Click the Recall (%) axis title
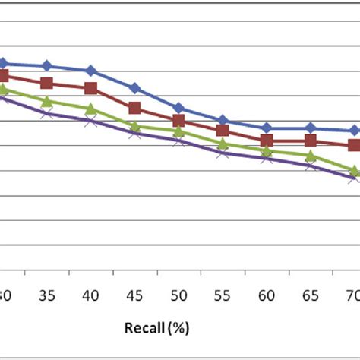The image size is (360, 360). tap(156, 328)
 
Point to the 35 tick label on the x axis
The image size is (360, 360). tap(47, 294)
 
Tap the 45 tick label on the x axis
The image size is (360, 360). tap(134, 294)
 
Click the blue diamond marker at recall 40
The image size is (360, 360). tap(91, 71)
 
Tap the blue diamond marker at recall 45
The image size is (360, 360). tap(134, 88)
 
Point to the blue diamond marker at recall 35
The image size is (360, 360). tap(47, 66)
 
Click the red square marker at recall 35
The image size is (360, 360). tap(47, 83)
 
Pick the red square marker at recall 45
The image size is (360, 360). tap(134, 109)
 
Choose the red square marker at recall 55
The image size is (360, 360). tap(223, 131)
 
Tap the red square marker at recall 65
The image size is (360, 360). tap(310, 141)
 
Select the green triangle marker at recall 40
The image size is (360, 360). tap(91, 109)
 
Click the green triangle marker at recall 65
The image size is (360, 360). tap(310, 156)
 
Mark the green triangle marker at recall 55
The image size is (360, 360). tap(223, 144)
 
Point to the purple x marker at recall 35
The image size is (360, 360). tap(47, 113)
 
